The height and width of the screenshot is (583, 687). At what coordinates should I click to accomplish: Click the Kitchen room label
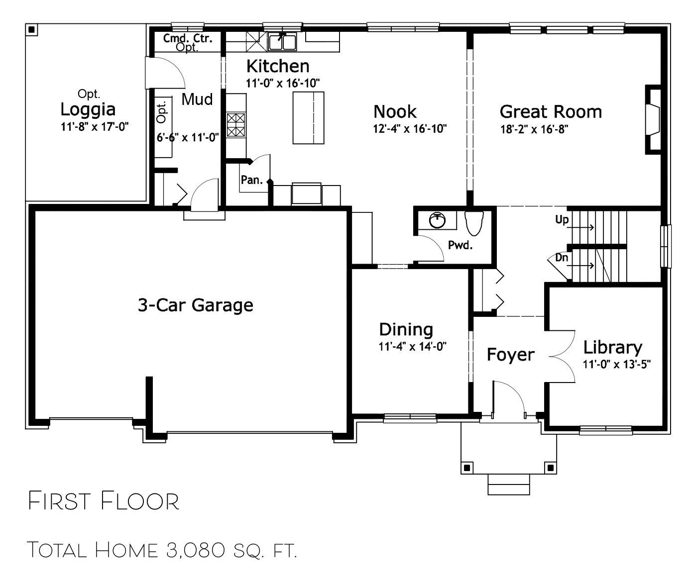(x=278, y=66)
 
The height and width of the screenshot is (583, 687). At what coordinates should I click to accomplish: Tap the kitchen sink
(x=282, y=42)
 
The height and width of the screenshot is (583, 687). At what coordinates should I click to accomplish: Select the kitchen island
(x=308, y=118)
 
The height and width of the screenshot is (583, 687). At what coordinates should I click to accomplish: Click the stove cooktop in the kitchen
(x=236, y=125)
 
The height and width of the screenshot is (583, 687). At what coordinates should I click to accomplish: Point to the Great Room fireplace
(x=653, y=119)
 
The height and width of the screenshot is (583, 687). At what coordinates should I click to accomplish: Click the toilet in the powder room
(x=474, y=223)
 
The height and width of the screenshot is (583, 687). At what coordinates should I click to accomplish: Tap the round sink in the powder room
(x=437, y=220)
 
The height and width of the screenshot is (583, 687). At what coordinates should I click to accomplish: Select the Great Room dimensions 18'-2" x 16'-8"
(x=534, y=129)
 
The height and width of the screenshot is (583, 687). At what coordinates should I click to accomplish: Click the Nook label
(x=395, y=111)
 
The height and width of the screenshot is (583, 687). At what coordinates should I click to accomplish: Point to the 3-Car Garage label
(x=196, y=305)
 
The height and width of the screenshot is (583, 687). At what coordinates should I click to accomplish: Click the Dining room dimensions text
(x=412, y=347)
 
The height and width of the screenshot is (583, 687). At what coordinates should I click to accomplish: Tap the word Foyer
(x=510, y=355)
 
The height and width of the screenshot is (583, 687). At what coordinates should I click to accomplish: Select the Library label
(x=612, y=348)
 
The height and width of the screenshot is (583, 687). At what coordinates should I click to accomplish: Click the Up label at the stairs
(x=562, y=219)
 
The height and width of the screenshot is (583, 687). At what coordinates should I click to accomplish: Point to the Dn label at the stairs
(x=562, y=258)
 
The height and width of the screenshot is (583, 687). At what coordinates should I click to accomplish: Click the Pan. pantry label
(x=251, y=180)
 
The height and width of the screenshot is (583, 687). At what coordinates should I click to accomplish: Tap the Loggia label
(x=88, y=109)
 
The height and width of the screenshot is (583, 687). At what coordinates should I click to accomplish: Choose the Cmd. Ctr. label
(x=188, y=38)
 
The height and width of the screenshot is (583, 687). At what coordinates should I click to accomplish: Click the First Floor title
(x=104, y=501)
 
